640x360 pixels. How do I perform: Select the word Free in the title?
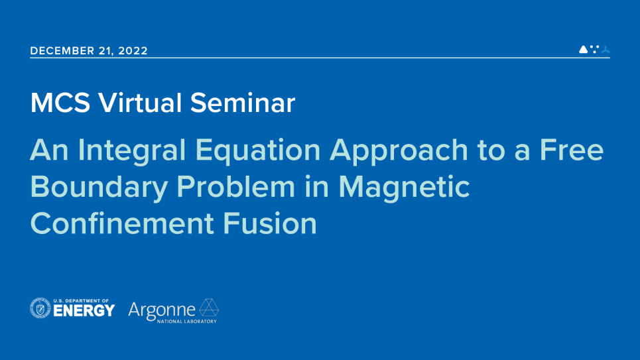pos(571,150)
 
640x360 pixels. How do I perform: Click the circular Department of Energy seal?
pos(40,308)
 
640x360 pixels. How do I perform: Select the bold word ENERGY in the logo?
pos(86,311)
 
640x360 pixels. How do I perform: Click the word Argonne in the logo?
pos(162,310)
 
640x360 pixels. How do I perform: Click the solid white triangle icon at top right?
pos(583,49)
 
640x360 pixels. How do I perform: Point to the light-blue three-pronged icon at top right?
pos(605,49)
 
